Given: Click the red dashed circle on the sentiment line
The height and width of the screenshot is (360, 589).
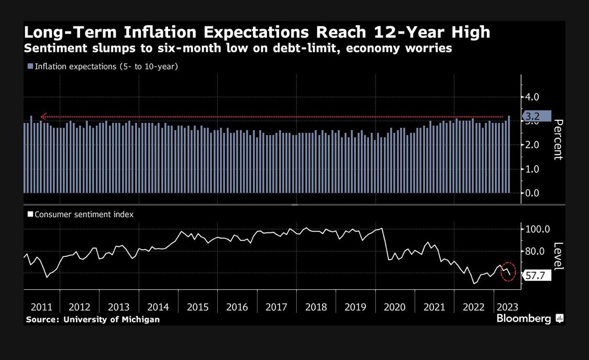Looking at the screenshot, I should click(x=508, y=272).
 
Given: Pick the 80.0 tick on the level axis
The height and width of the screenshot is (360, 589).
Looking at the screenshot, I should click(x=536, y=251).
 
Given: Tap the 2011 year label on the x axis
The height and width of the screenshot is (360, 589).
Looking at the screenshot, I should click(x=40, y=307).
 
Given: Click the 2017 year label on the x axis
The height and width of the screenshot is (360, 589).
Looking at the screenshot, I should click(x=276, y=307).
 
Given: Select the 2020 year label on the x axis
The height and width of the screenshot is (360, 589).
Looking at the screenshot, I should click(x=395, y=307).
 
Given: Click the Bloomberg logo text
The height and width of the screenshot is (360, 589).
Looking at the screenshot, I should click(x=524, y=318).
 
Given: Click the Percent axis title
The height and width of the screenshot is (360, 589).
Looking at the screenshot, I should click(x=558, y=140).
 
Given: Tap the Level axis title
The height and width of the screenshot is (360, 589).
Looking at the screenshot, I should click(x=558, y=255).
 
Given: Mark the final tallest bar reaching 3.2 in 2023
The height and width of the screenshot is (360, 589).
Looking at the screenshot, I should click(x=509, y=154).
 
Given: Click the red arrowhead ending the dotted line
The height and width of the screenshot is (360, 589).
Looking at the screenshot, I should click(x=44, y=117).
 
